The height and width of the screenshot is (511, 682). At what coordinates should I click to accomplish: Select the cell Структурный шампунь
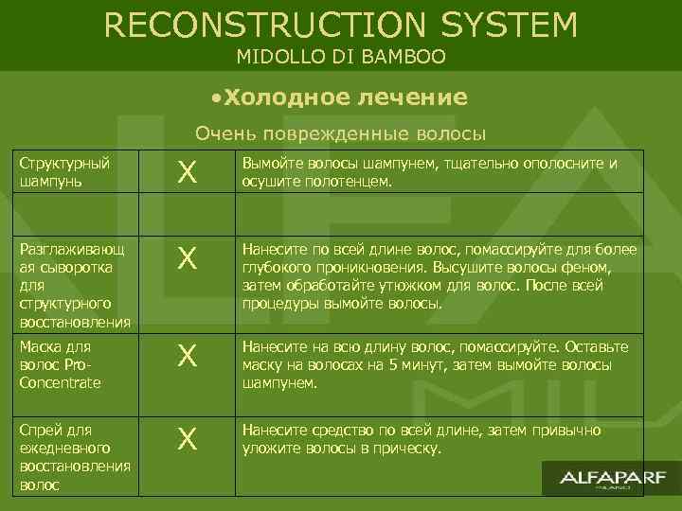click(65, 171)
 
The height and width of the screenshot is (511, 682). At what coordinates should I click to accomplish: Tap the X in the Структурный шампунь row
click(188, 172)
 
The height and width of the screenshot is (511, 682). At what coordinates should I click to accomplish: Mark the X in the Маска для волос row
click(188, 357)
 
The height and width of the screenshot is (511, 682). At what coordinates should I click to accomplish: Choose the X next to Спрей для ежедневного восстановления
click(188, 439)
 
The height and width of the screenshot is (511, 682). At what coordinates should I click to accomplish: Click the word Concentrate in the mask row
click(60, 382)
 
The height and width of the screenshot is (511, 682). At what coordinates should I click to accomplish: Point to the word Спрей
click(39, 431)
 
